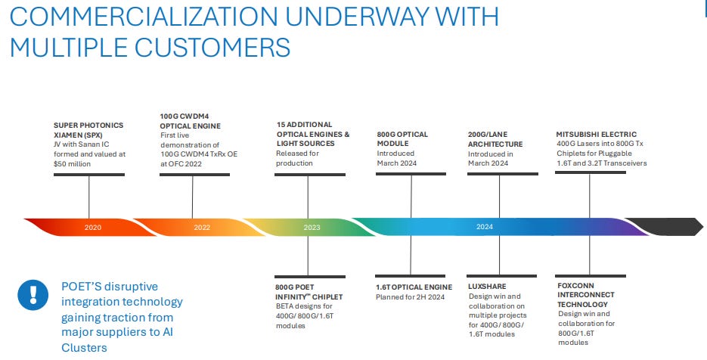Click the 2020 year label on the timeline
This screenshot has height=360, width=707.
[x=93, y=228]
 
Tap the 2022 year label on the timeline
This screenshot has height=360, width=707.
[x=202, y=228]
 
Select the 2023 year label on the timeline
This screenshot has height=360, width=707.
[x=312, y=228]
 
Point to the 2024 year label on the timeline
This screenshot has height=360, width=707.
[x=485, y=226]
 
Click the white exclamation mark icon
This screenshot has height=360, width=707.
[x=33, y=295]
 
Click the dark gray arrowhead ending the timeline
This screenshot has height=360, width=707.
[x=664, y=227]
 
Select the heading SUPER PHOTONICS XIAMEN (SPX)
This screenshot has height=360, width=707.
[x=88, y=130]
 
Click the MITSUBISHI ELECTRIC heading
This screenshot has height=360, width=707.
[x=597, y=134]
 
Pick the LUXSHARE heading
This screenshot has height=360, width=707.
[x=487, y=287]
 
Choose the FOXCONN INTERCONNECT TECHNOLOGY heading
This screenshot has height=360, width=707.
[x=586, y=295]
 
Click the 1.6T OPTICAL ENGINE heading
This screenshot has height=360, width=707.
[x=414, y=287]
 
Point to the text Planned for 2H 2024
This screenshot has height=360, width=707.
[x=411, y=296]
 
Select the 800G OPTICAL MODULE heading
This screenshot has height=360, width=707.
[x=402, y=139]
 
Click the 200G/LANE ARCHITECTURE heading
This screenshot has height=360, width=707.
[x=495, y=139]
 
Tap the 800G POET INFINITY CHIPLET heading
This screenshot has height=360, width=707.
[x=309, y=292]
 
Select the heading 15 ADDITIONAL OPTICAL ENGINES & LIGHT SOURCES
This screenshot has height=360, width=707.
[x=313, y=134]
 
